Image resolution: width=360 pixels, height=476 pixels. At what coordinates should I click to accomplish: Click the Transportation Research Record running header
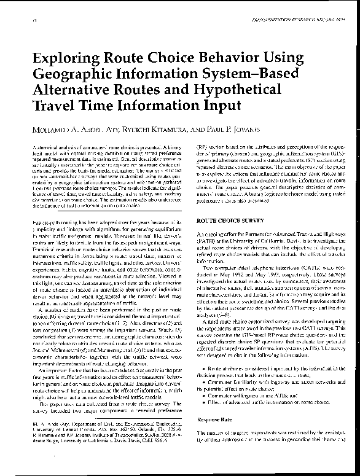[x=291, y=21]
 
